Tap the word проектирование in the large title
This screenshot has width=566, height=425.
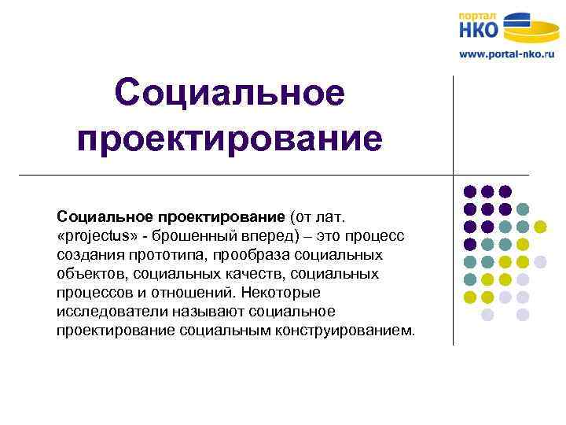click(230, 138)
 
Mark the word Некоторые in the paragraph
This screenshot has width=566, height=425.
click(281, 293)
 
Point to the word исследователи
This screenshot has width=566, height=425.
click(106, 312)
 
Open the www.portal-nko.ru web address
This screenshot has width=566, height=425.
click(506, 55)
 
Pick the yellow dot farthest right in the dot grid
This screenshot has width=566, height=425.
click(540, 227)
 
